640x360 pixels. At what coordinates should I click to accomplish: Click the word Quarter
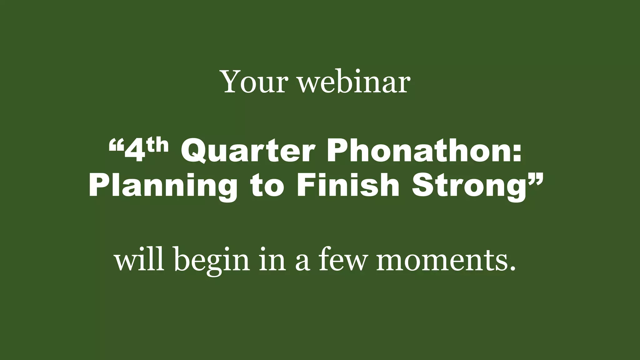(247, 152)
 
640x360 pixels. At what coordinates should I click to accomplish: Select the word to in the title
(267, 187)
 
